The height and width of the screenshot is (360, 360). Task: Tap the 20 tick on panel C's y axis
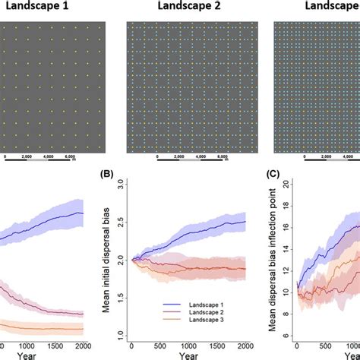pyautogui.click(x=286, y=184)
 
